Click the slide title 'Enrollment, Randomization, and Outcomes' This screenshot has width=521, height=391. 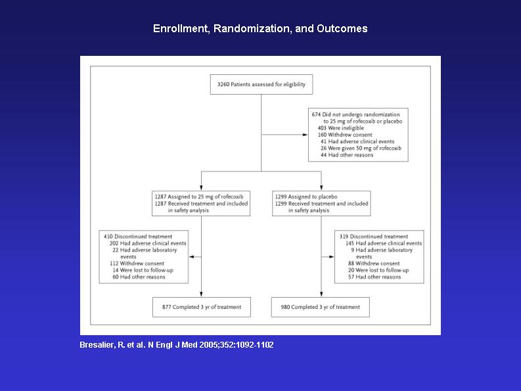(260, 29)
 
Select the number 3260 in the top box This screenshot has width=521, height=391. (223, 85)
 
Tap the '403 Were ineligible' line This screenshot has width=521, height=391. (340, 128)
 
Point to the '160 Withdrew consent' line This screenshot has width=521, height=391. (345, 135)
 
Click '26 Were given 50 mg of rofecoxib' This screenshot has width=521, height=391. (361, 149)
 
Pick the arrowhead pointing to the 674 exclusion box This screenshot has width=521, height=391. (306, 135)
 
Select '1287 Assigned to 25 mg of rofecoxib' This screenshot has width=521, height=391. (198, 197)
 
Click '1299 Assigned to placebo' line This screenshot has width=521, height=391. (306, 197)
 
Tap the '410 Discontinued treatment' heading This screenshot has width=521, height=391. (138, 237)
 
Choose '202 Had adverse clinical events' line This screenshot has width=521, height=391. (148, 243)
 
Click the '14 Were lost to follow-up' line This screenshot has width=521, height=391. (143, 270)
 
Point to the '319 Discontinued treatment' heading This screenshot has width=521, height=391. (373, 237)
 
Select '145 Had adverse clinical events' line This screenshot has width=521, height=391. (384, 243)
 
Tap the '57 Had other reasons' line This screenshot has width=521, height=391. (374, 277)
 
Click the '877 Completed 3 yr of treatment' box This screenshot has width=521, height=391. (202, 308)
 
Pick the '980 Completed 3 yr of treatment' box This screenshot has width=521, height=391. (321, 308)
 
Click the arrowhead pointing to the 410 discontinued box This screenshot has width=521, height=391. (192, 257)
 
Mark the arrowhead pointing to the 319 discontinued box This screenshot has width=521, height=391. (331, 257)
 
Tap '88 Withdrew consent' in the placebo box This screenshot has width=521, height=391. (374, 264)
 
